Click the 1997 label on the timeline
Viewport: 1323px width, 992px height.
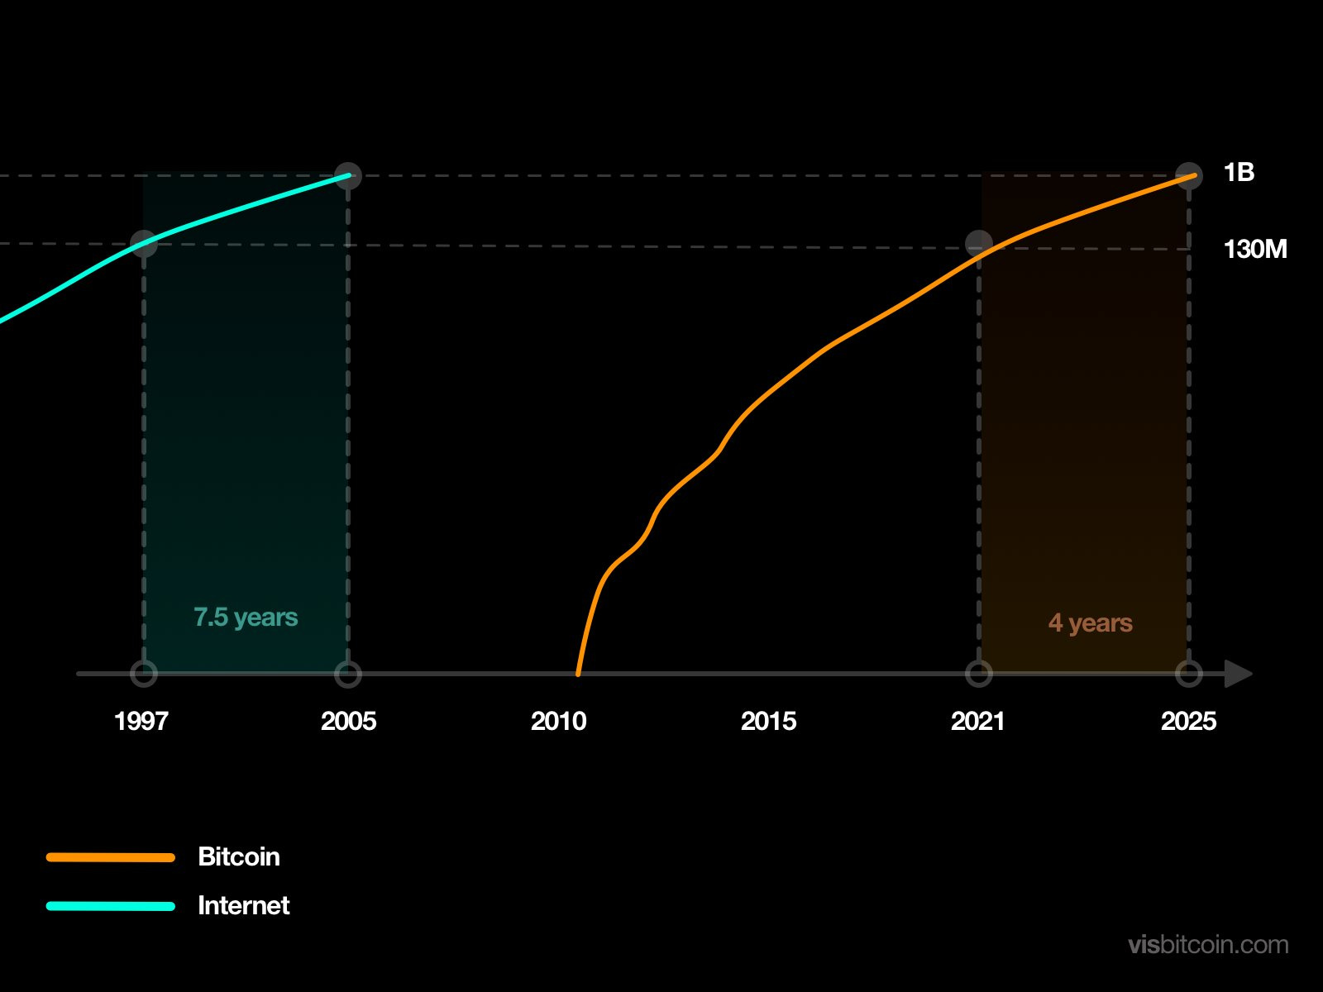pyautogui.click(x=141, y=721)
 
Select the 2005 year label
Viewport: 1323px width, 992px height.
pyautogui.click(x=348, y=721)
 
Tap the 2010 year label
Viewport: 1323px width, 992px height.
pyautogui.click(x=558, y=721)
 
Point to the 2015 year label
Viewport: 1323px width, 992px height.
pyautogui.click(x=768, y=721)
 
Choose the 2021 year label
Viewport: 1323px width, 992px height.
pyautogui.click(x=977, y=721)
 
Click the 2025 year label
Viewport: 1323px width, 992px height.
pyautogui.click(x=1188, y=721)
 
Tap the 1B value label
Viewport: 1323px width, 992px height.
pyautogui.click(x=1239, y=173)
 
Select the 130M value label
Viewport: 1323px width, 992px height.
pyautogui.click(x=1254, y=249)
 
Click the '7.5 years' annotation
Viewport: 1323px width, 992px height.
pyautogui.click(x=246, y=618)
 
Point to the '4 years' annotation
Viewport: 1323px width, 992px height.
pyautogui.click(x=1090, y=623)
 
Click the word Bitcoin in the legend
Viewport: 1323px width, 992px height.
pyautogui.click(x=239, y=856)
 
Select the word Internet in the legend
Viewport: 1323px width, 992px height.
pyautogui.click(x=244, y=905)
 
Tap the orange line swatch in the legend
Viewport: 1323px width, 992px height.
pyautogui.click(x=111, y=857)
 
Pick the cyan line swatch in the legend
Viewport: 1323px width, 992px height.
pyautogui.click(x=111, y=906)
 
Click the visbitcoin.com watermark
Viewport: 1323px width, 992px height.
pyautogui.click(x=1208, y=945)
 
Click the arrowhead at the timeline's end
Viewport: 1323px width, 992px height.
pyautogui.click(x=1238, y=674)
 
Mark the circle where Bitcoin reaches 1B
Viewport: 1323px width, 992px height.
pyautogui.click(x=1189, y=175)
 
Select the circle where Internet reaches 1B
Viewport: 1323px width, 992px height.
pyautogui.click(x=348, y=175)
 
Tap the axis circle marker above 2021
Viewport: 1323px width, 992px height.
pyautogui.click(x=979, y=674)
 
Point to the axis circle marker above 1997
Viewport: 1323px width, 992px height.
pyautogui.click(x=144, y=674)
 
